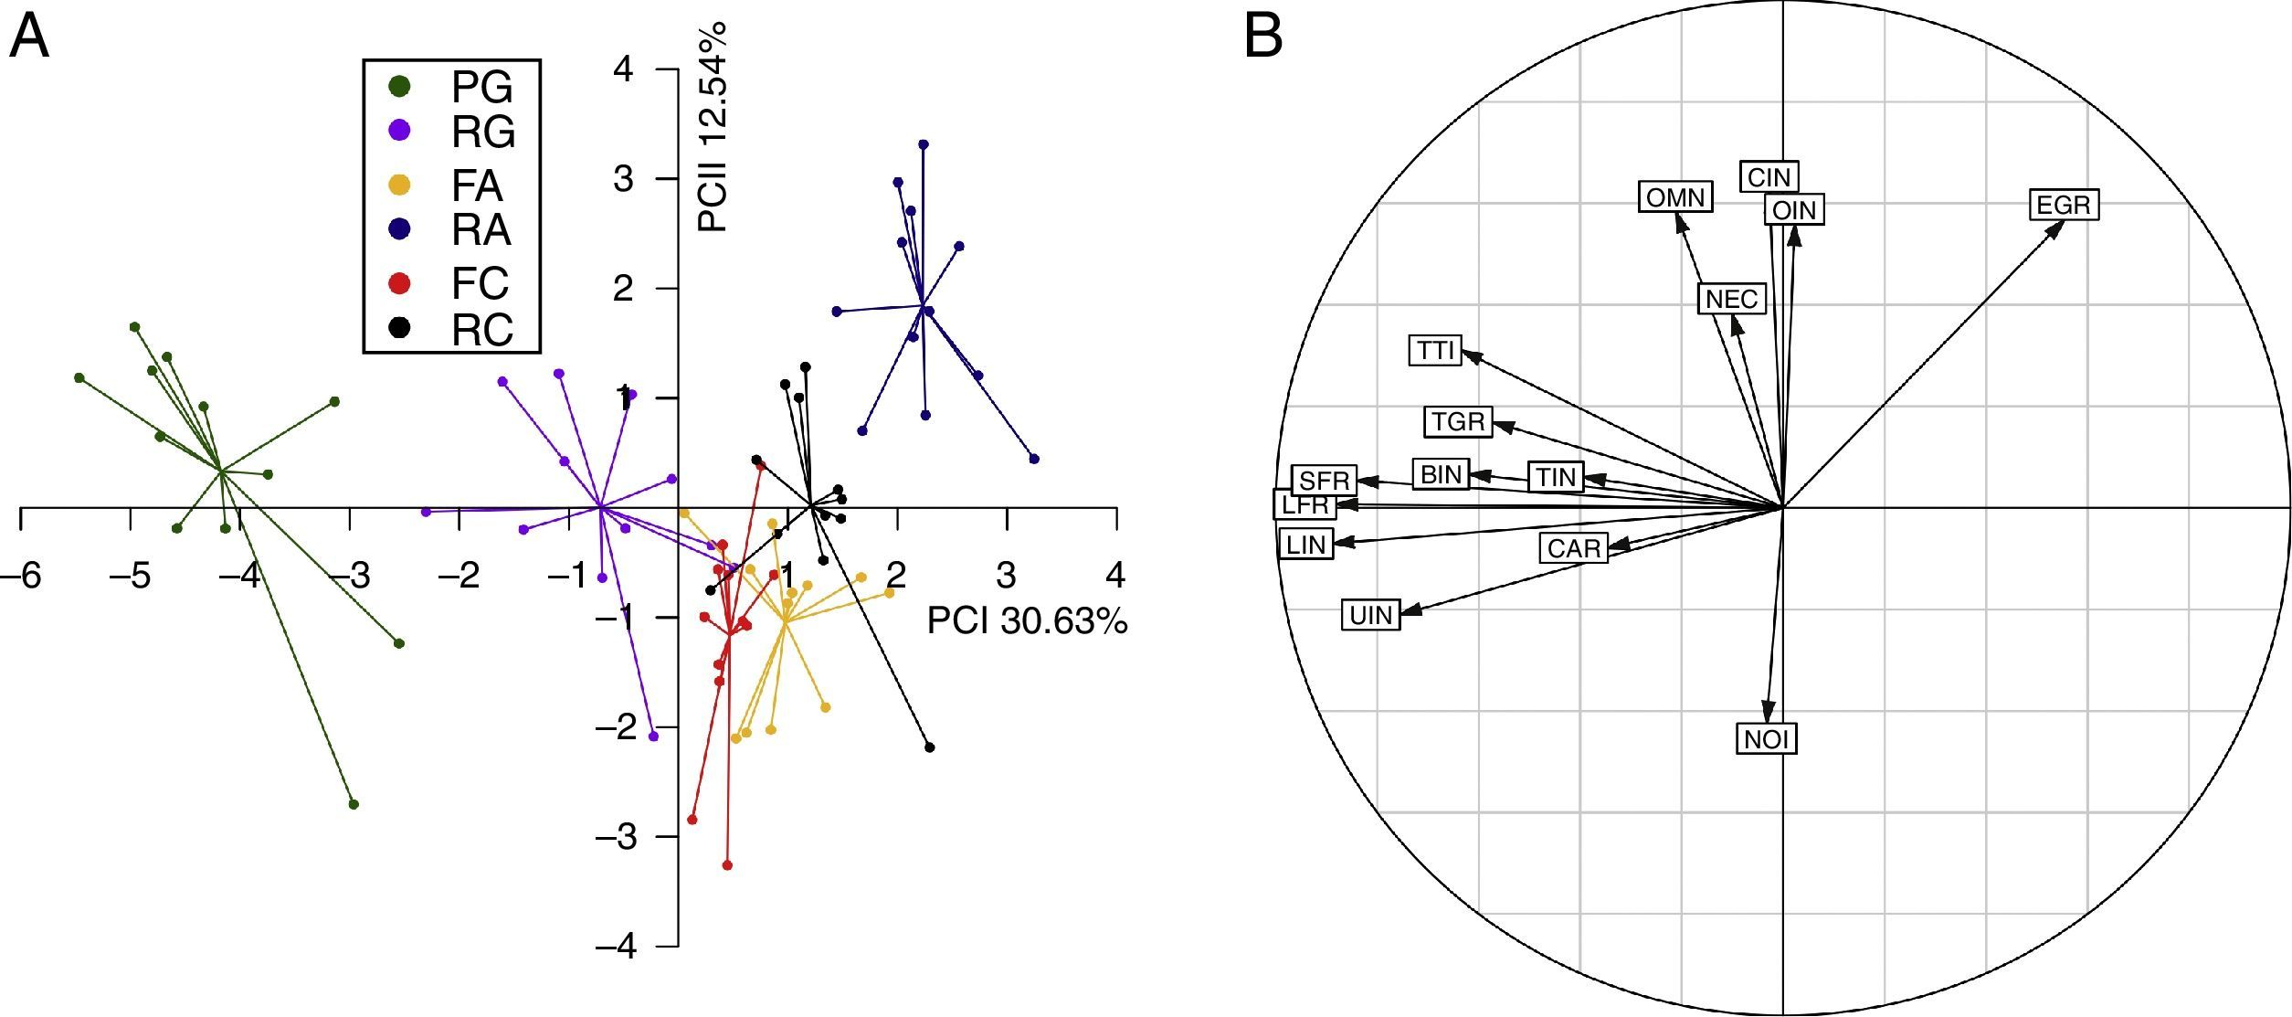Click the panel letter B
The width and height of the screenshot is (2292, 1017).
point(1263,37)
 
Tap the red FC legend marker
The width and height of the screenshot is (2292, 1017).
point(399,284)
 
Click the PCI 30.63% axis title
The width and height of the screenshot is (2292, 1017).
point(1027,621)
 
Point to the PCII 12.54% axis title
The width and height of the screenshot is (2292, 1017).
point(713,127)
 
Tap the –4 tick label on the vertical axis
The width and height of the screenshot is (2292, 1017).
point(617,946)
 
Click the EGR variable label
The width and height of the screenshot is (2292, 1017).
point(2064,205)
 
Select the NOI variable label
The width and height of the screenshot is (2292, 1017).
point(1766,738)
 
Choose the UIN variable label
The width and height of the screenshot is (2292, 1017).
point(1370,615)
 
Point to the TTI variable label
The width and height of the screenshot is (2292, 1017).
point(1436,350)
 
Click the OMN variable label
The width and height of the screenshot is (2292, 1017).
point(1674,197)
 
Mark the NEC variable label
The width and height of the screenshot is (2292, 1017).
point(1731,299)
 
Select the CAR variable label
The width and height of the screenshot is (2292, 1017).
point(1574,548)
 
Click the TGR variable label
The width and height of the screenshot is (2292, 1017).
point(1458,421)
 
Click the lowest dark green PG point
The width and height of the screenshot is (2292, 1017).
point(354,804)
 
